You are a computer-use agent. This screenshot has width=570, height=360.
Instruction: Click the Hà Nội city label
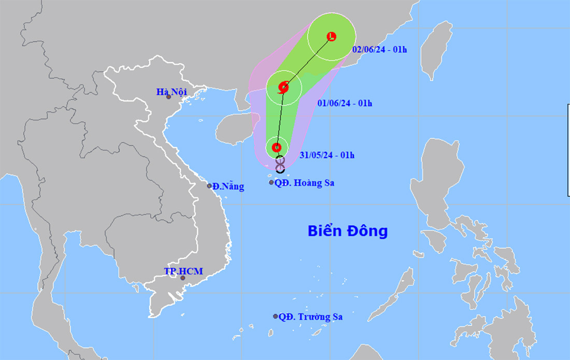171,92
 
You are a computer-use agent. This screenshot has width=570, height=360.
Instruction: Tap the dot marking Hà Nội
168,97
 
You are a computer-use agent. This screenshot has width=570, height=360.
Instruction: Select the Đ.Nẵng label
228,186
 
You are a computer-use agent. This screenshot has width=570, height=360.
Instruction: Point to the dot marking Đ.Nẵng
209,186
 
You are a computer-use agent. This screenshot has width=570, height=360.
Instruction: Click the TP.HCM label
183,271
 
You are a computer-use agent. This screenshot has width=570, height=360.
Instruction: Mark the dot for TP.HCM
182,278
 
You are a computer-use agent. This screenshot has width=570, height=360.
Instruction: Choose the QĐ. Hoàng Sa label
304,183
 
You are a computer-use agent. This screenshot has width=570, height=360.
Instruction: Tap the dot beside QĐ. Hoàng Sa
271,182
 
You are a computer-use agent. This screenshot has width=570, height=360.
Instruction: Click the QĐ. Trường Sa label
310,316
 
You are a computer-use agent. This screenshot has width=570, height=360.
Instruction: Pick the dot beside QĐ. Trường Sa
275,316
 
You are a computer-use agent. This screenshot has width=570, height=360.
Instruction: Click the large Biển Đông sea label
347,231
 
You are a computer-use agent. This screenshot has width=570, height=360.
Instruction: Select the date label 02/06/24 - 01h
379,50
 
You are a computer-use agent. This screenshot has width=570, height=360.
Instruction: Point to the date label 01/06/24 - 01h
345,103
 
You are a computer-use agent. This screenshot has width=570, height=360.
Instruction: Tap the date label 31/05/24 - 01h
327,155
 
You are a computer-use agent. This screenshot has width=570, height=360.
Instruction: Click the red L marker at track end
332,36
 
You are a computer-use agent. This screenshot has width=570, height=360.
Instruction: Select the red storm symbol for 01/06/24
283,87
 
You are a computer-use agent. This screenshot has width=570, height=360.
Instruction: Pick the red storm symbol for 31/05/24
277,147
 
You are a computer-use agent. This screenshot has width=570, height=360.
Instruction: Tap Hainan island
232,129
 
